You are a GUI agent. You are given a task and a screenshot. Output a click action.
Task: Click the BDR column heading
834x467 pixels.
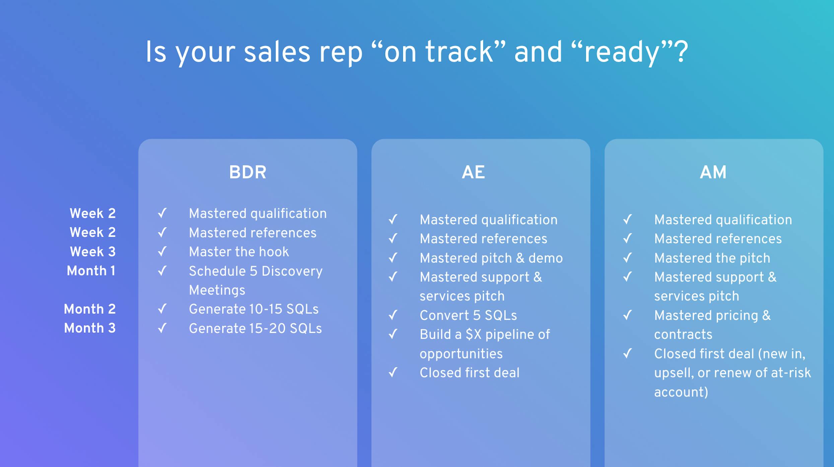248,172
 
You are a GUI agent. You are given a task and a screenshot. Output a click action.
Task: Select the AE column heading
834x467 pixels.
473,172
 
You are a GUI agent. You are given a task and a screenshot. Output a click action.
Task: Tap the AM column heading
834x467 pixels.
713,172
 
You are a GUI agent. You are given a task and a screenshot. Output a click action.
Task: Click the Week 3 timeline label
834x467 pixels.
92,252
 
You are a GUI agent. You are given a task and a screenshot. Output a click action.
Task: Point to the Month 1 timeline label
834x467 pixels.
91,271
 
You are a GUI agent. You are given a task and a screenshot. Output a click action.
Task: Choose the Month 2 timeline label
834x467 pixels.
90,309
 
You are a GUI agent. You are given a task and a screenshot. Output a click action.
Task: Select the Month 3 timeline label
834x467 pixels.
90,328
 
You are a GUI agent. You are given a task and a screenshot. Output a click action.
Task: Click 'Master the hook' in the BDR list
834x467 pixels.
238,252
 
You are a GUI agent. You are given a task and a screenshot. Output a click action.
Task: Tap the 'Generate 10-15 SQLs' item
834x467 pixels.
254,309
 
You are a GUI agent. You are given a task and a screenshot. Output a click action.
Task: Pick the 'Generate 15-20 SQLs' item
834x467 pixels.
255,328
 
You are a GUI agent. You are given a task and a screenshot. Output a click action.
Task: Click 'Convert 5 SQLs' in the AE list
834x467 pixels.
468,315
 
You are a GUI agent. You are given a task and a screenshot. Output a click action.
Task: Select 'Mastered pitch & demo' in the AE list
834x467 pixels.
491,258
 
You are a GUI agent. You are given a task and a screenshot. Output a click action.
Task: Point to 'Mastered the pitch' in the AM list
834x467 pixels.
712,258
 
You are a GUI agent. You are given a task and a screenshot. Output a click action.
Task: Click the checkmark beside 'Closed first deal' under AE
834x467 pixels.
393,372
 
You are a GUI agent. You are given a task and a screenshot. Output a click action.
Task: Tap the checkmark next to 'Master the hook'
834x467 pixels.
162,251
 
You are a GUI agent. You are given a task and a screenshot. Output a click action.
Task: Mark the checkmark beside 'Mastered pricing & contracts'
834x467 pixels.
627,315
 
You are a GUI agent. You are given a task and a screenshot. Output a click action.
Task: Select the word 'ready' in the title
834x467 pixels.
622,53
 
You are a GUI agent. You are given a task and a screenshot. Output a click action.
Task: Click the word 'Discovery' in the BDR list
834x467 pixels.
292,271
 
